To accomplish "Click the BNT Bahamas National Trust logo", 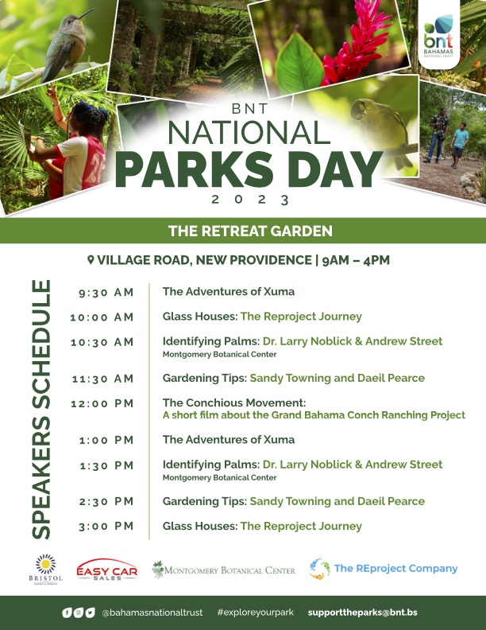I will point(442,37).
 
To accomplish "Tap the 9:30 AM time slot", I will point(106,293).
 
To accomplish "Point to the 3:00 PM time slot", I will point(106,527).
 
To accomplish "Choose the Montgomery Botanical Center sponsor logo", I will point(224,570).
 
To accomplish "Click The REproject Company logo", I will point(384,569).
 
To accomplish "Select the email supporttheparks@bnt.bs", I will point(362,612).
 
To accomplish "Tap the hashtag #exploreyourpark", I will point(255,612).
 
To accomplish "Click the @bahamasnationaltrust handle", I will point(152,612).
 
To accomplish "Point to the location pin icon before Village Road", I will point(91,260).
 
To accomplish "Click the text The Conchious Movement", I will point(234,403).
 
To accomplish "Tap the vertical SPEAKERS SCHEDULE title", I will point(40,408).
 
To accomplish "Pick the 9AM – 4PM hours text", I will point(356,260).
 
